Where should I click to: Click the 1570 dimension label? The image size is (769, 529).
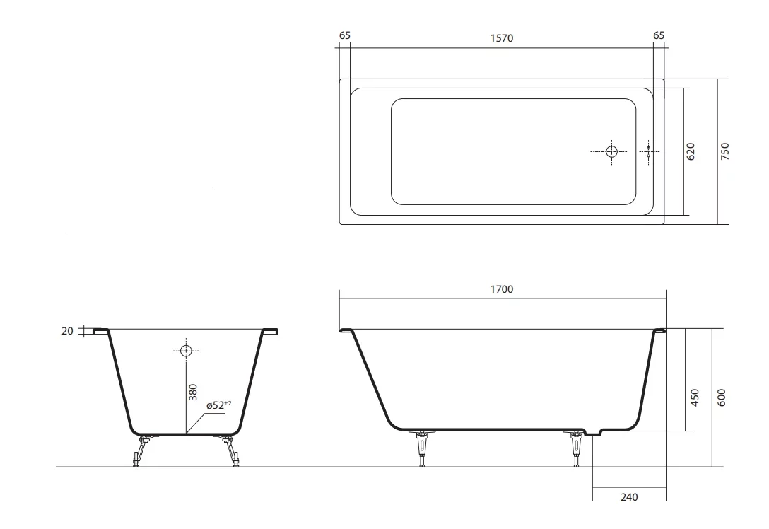tap(502, 38)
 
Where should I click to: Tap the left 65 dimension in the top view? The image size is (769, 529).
tap(345, 35)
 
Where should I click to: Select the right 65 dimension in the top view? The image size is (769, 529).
tap(659, 35)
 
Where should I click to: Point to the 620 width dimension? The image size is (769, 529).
tap(691, 151)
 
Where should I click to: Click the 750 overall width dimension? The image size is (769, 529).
tap(725, 151)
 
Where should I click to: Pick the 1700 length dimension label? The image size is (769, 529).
tap(502, 289)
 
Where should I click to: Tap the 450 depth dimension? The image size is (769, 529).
tap(695, 397)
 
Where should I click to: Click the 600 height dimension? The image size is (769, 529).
tap(722, 397)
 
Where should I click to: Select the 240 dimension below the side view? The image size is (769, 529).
tap(629, 497)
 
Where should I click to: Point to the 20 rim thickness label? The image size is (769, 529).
tap(67, 331)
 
